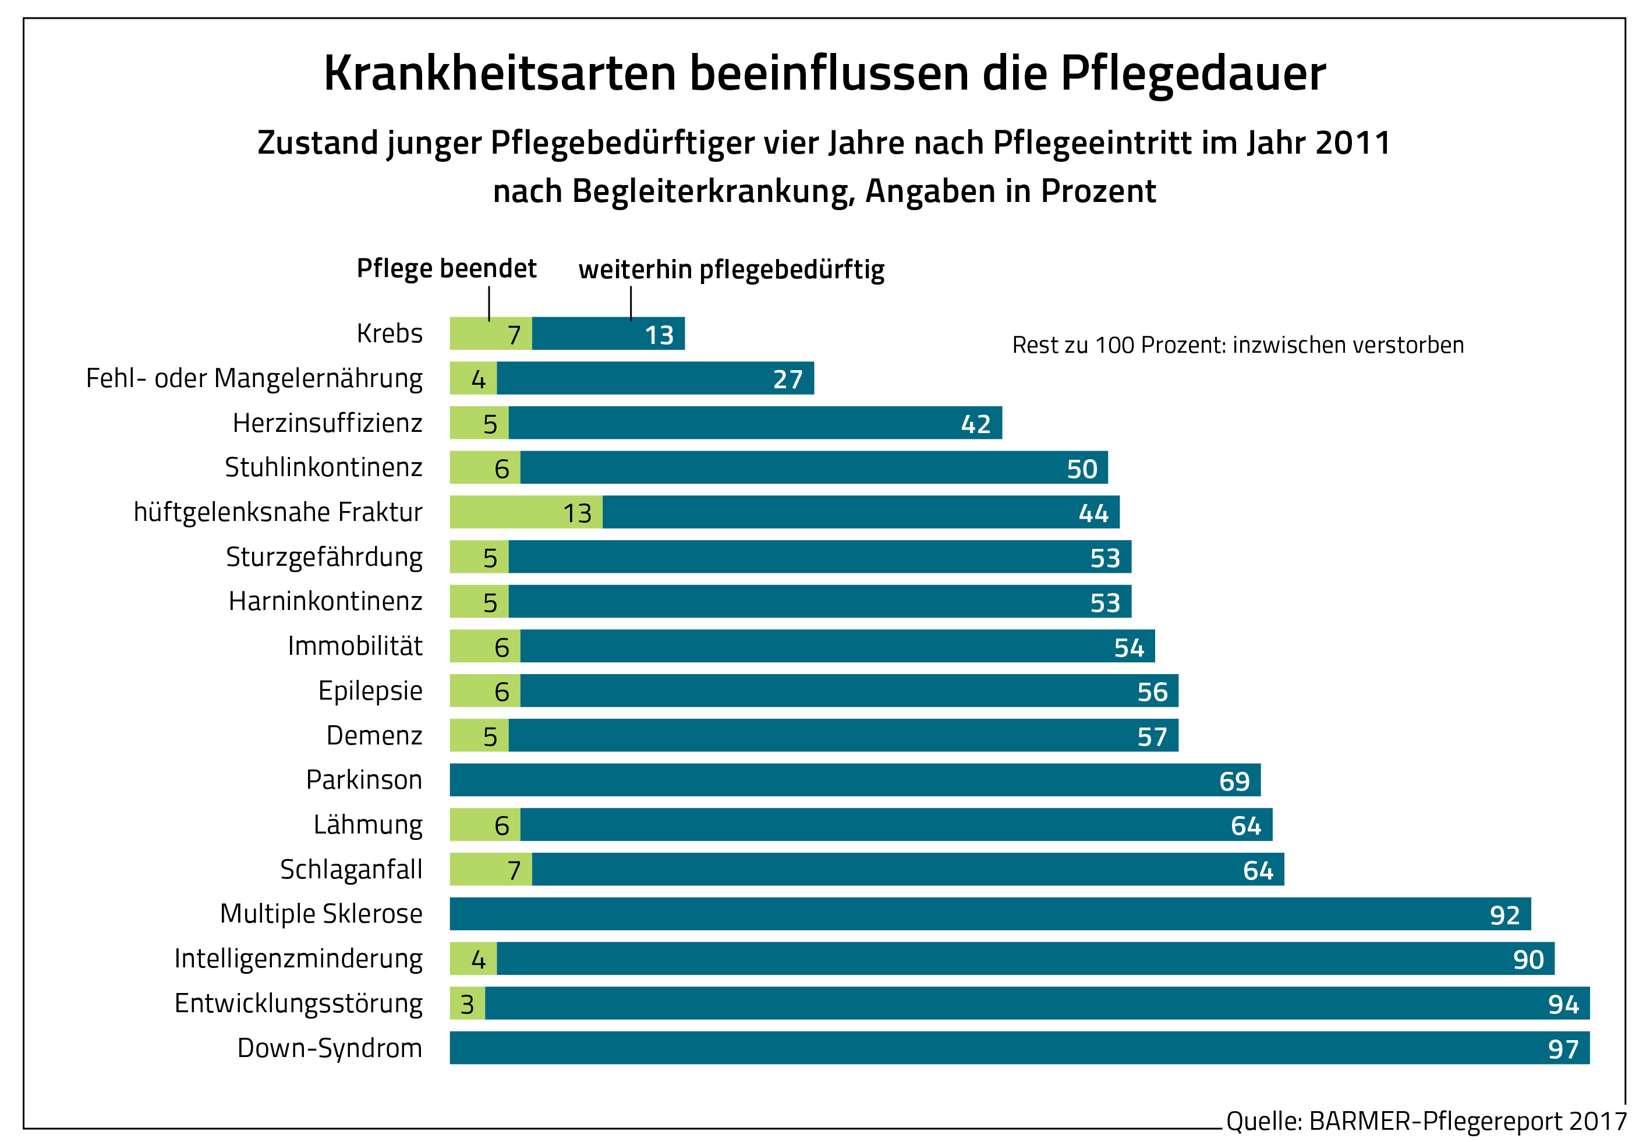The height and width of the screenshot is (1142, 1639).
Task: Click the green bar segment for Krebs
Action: pyautogui.click(x=490, y=334)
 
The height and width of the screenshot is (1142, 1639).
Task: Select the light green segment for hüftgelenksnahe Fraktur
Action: pyautogui.click(x=525, y=512)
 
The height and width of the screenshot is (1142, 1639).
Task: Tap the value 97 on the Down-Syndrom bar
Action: pyautogui.click(x=1563, y=1048)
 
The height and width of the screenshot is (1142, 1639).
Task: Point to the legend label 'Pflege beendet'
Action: pyautogui.click(x=446, y=268)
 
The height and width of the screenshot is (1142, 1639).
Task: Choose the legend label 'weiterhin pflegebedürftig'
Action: pyautogui.click(x=731, y=270)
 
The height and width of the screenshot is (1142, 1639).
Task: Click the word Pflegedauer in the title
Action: pyautogui.click(x=1192, y=73)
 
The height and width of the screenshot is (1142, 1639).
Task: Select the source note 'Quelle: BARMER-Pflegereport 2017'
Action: pyautogui.click(x=1425, y=1121)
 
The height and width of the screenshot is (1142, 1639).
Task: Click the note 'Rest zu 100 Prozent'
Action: pyautogui.click(x=1237, y=345)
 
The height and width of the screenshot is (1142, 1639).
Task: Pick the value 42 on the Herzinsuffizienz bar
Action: pyautogui.click(x=975, y=424)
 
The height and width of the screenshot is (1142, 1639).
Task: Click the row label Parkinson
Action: pyautogui.click(x=364, y=779)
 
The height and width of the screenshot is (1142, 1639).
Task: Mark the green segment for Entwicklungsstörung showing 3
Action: pyautogui.click(x=467, y=1003)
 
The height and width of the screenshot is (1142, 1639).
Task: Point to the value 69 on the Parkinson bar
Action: pyautogui.click(x=1234, y=781)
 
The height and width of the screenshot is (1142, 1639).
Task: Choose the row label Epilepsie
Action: pyautogui.click(x=370, y=690)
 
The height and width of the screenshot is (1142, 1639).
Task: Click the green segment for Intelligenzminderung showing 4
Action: pyautogui.click(x=473, y=959)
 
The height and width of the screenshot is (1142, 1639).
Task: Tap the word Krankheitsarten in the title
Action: pyautogui.click(x=500, y=73)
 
